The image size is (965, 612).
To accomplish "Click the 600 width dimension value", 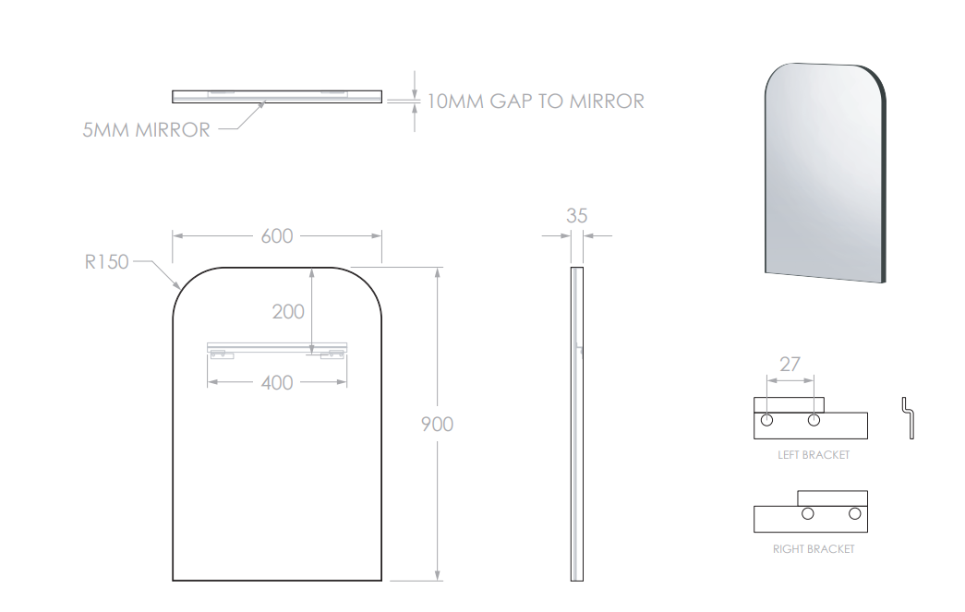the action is (277, 236).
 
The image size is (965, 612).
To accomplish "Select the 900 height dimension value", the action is (437, 425).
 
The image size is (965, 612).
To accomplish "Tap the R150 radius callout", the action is (106, 262).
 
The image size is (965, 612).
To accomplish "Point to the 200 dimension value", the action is (288, 312).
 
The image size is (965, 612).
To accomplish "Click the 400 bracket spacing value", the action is (277, 383).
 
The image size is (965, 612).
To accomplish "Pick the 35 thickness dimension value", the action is (576, 216).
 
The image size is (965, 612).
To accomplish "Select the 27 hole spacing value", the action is (790, 365).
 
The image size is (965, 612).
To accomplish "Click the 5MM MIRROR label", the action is (147, 130).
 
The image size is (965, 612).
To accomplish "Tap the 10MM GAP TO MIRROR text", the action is (536, 102).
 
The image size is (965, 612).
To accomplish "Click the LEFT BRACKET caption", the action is (814, 455).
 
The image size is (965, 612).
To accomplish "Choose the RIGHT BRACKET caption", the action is (814, 549).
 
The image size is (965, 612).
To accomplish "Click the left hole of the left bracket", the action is (766, 420).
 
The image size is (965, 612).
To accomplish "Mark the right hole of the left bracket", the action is (814, 420).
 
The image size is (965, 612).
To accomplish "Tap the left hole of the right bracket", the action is (807, 513).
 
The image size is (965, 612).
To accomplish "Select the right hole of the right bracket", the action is (854, 513).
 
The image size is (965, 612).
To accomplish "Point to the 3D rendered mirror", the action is (826, 173).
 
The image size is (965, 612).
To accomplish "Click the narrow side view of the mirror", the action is (576, 424).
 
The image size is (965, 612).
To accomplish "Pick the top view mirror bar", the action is (277, 97).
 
